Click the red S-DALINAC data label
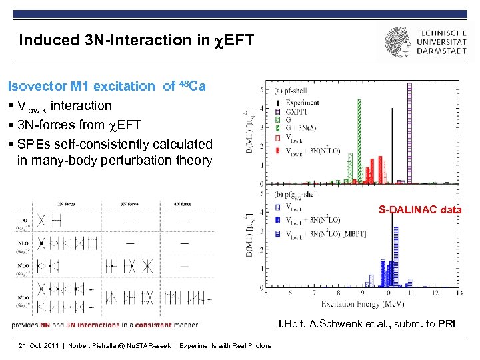(x=419, y=210)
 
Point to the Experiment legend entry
(x=302, y=103)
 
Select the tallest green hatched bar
(x=359, y=140)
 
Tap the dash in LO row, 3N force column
(x=130, y=220)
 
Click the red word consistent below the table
(x=147, y=325)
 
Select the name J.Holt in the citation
(x=290, y=325)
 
